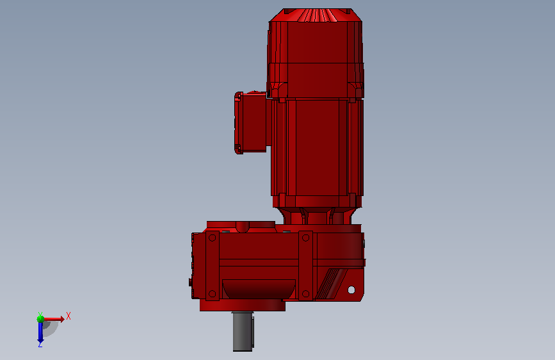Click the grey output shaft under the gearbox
click(243, 331)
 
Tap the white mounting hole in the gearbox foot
click(351, 290)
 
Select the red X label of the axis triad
click(68, 316)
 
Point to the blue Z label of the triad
click(40, 344)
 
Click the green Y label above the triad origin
click(40, 314)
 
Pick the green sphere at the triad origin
click(40, 319)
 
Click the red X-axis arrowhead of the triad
click(62, 319)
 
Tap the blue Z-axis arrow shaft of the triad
click(40, 331)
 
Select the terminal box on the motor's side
click(250, 122)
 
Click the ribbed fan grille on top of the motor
click(316, 15)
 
